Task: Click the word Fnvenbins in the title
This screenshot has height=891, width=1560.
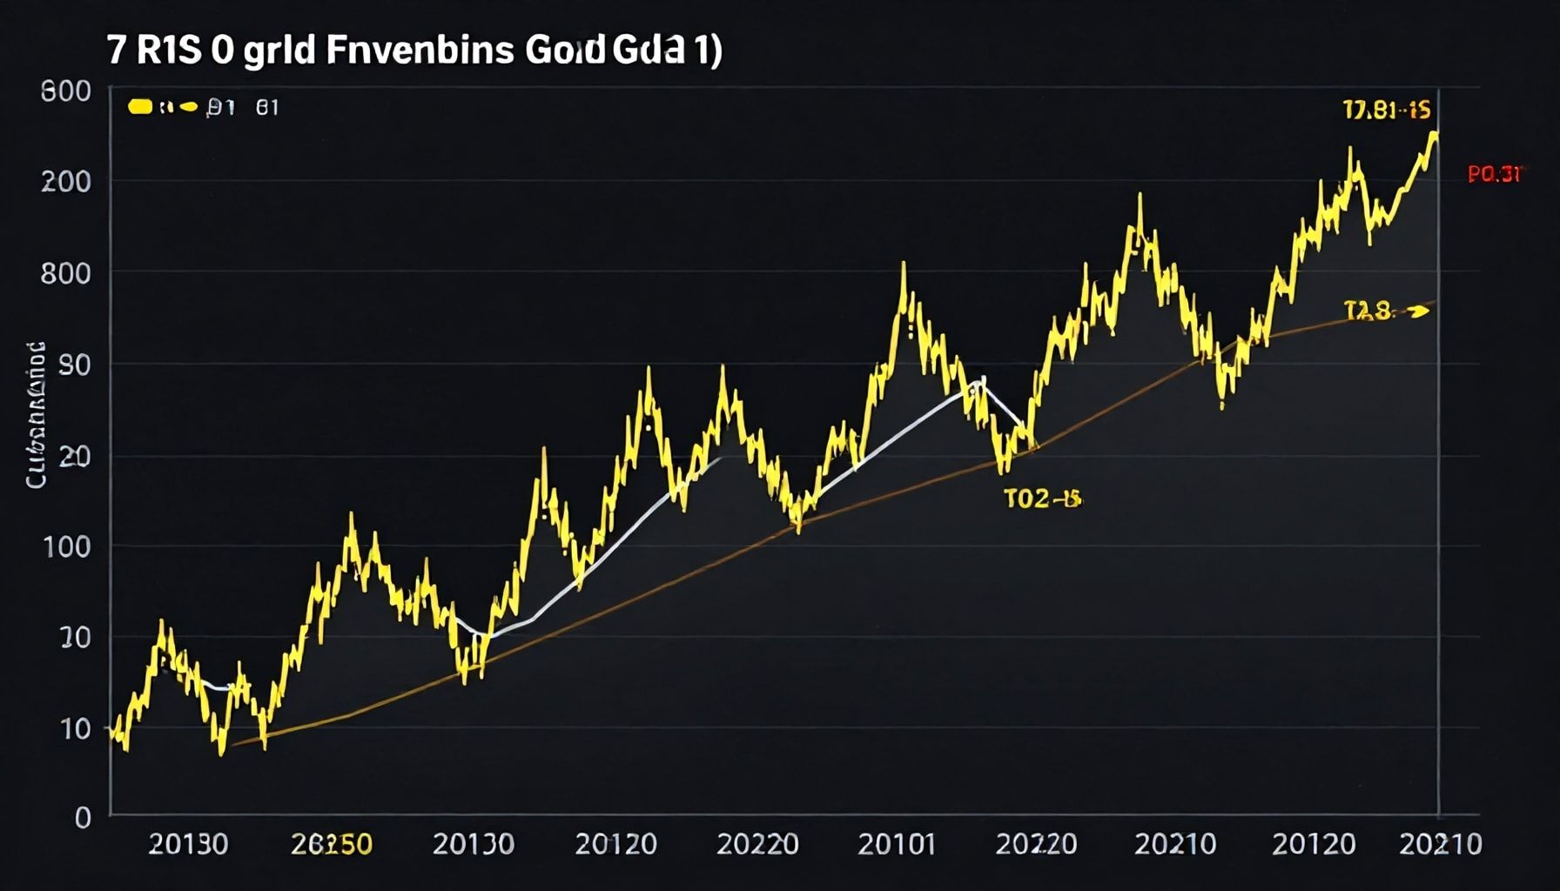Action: [x=420, y=50]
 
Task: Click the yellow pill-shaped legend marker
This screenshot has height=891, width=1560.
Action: [x=140, y=107]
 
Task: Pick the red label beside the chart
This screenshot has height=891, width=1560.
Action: [x=1494, y=174]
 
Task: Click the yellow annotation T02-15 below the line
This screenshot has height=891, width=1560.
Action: [x=1042, y=499]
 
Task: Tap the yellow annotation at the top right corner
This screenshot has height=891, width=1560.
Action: [x=1386, y=111]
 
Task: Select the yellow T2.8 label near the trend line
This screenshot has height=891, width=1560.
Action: [x=1368, y=310]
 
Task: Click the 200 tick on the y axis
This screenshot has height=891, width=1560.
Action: [x=66, y=182]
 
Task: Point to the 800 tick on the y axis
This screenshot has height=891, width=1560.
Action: [x=66, y=273]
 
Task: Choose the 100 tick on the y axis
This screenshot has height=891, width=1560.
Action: [x=66, y=546]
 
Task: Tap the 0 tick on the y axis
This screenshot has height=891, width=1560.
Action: [x=83, y=817]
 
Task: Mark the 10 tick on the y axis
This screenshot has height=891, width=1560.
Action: [x=75, y=728]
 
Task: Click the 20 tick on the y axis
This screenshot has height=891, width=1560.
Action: [x=75, y=456]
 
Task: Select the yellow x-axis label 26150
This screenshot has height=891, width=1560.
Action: [x=331, y=843]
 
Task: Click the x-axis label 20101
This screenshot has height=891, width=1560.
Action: [x=896, y=843]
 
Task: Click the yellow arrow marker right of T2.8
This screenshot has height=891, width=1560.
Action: [x=1417, y=310]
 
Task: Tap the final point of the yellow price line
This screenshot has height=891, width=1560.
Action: [x=1434, y=133]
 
